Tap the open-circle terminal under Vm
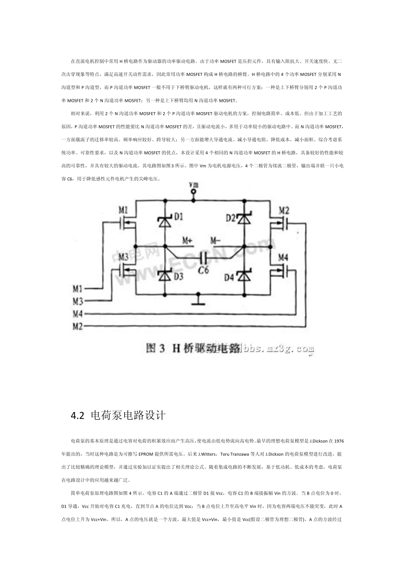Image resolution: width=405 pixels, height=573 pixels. tap(194, 192)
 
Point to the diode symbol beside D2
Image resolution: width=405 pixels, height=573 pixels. tap(244, 219)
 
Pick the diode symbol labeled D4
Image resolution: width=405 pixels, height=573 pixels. tap(244, 276)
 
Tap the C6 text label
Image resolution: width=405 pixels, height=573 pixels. tap(204, 270)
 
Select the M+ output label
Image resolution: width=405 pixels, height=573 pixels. tap(188, 241)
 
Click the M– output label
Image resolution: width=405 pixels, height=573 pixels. tap(215, 240)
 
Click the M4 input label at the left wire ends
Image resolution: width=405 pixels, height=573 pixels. tap(77, 314)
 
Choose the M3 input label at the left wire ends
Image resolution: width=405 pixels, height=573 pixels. tap(77, 301)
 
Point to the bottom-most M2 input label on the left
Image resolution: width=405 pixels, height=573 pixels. tap(77, 327)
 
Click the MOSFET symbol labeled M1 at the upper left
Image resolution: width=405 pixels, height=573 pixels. tap(129, 222)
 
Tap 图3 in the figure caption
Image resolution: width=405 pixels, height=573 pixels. tap(156, 348)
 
